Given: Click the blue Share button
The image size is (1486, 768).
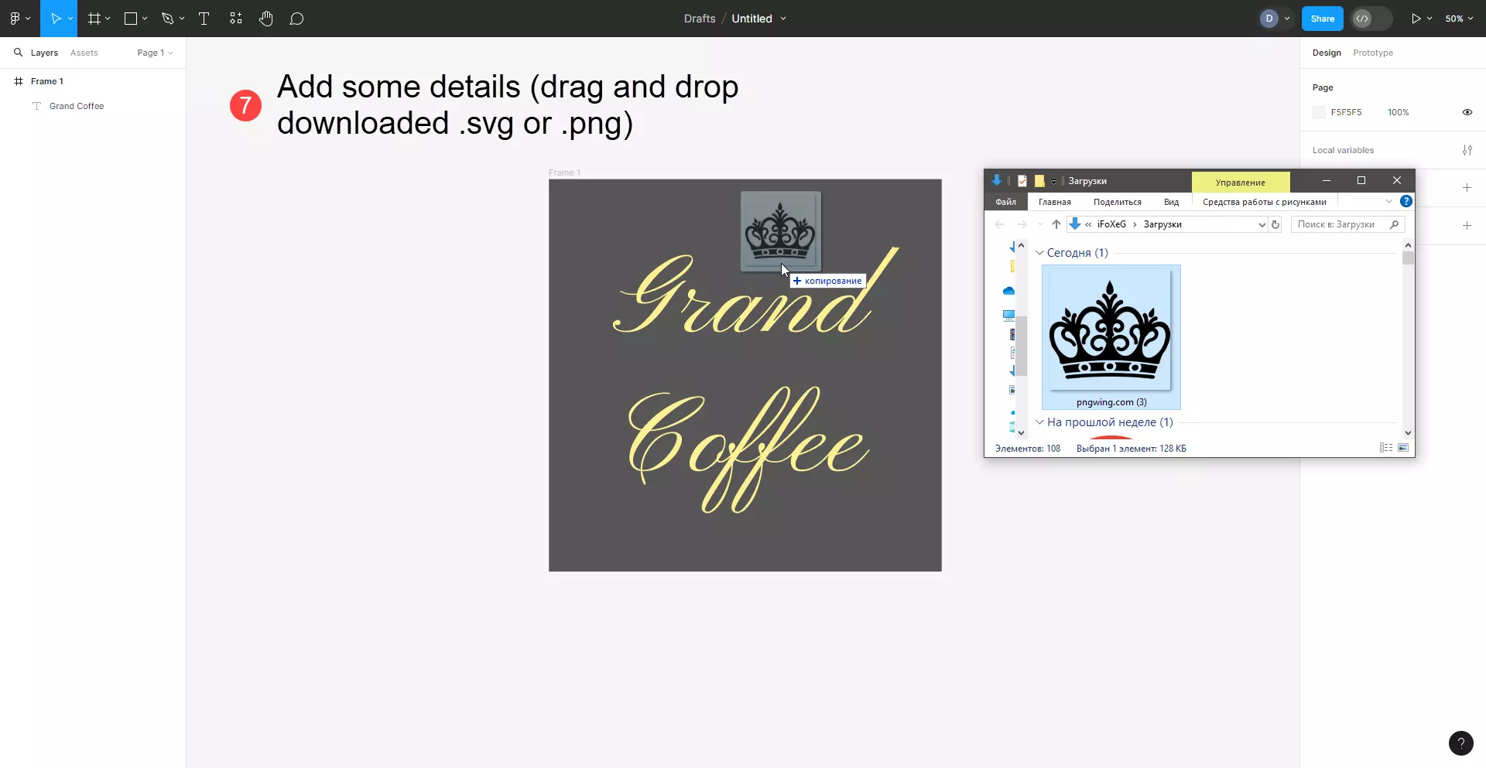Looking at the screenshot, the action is coord(1322,19).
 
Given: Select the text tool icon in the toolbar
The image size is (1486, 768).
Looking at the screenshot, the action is coord(204,19).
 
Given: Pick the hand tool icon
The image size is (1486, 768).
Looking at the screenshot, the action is coord(265,19).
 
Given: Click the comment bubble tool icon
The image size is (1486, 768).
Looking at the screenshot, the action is coord(296,19).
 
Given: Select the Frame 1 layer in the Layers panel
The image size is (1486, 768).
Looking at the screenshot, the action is coord(47,81).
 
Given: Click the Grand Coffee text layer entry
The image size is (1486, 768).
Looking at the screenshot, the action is coord(77,106).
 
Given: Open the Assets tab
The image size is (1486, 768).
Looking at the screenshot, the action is coord(84,53).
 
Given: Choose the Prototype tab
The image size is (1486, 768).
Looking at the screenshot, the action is coord(1373,53).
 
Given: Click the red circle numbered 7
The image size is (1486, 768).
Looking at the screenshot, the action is coord(245,105).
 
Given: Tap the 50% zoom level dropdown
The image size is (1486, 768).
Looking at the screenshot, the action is coord(1459,19).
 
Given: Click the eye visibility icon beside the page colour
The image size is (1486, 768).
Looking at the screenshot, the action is coord(1467,112).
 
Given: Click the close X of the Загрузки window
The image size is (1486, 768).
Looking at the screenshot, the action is coord(1397,180).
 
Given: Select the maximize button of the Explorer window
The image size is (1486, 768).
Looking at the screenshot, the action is coord(1361,180).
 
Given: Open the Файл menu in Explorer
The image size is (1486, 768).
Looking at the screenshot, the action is coord(1005,202).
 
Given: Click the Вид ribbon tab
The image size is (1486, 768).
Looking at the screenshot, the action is coord(1171,202).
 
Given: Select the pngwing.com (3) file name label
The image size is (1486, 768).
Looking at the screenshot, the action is coord(1111,402).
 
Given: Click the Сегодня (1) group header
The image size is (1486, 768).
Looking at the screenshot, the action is coord(1077,253).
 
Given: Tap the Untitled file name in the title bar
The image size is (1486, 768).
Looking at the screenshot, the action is coord(752,19).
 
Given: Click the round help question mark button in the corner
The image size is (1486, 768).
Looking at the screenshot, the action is coord(1460,743).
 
